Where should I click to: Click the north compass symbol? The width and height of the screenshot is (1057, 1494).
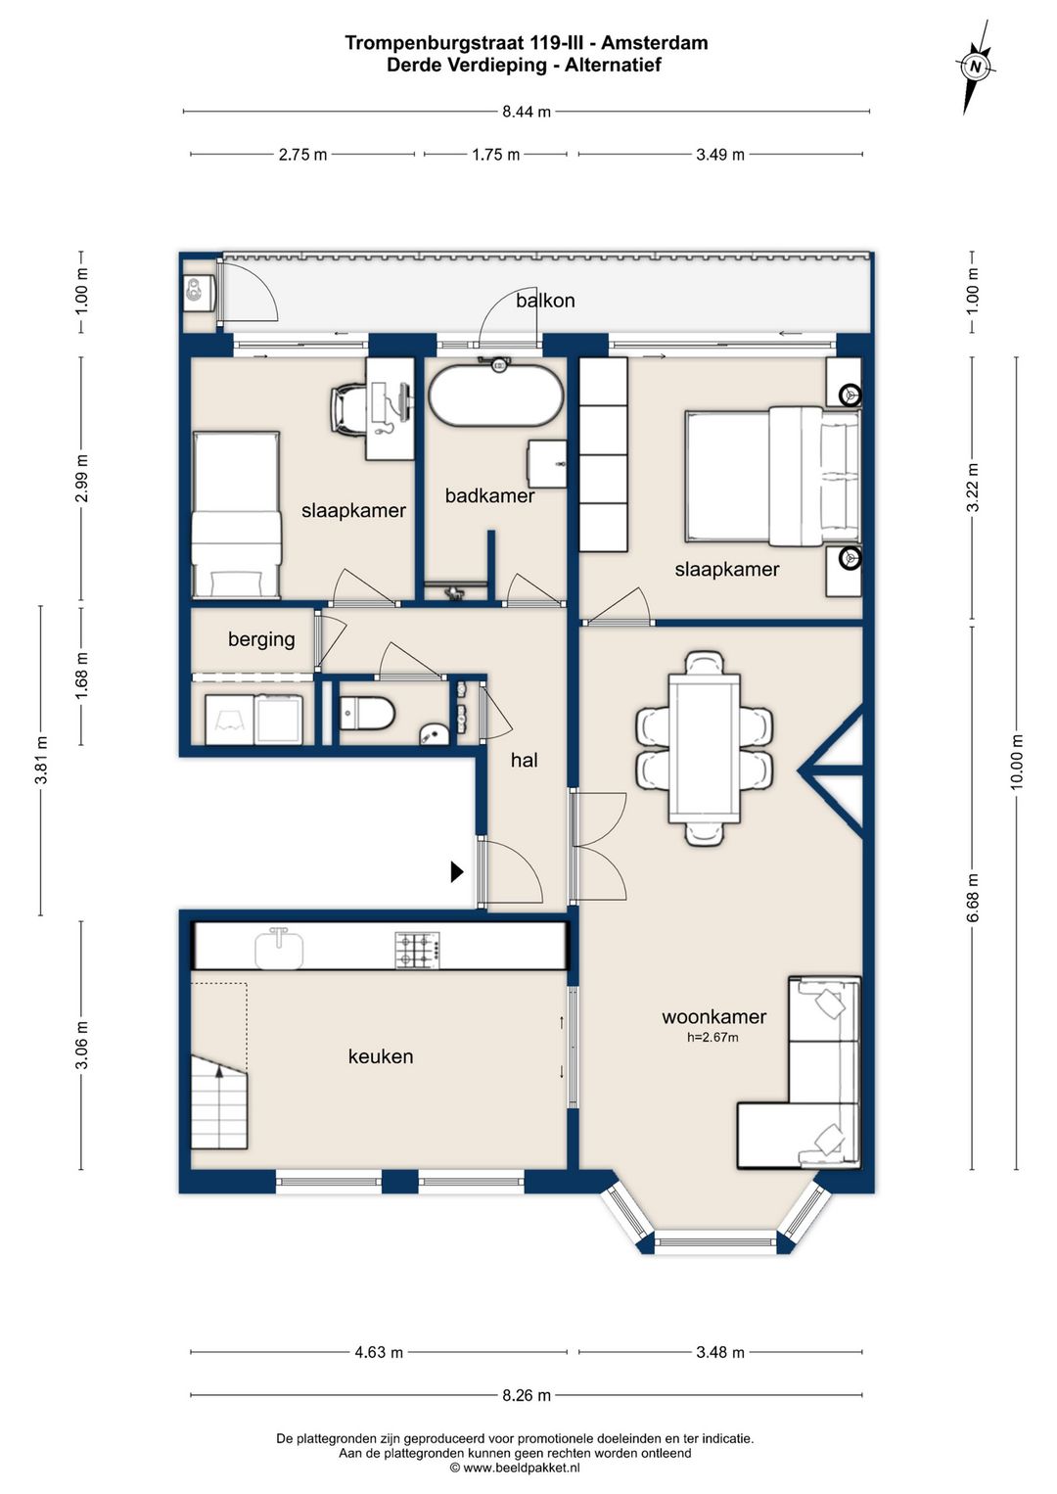point(976,67)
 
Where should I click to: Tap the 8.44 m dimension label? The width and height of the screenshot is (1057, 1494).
point(527,112)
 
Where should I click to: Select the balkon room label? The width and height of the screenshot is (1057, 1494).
point(545,301)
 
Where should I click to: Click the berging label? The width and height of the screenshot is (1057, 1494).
point(261,639)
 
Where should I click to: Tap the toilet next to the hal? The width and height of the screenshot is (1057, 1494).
point(367,713)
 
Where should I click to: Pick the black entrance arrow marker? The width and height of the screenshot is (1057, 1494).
point(457,871)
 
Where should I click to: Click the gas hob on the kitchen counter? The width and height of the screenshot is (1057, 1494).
point(418,951)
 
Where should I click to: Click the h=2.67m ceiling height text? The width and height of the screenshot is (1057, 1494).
point(712,1037)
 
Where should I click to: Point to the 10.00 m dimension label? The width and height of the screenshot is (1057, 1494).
point(1016,762)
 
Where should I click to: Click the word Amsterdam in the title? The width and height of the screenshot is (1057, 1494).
point(654,43)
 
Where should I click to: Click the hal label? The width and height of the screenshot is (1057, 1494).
point(525,760)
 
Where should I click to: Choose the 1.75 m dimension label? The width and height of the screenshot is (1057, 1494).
point(495,155)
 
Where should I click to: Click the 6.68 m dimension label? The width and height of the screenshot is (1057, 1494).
point(973,897)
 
